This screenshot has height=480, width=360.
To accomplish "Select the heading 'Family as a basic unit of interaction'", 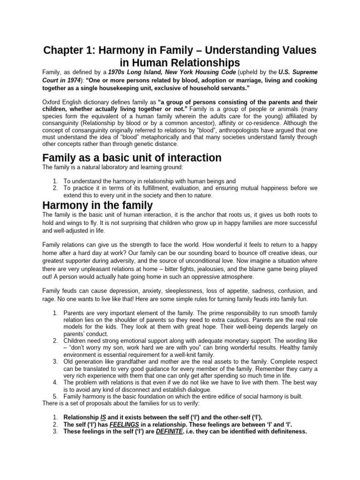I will pyautogui.click(x=132, y=157).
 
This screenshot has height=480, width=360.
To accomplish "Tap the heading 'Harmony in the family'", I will pyautogui.click(x=97, y=205).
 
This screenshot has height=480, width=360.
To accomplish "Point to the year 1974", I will pyautogui.click(x=75, y=80).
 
